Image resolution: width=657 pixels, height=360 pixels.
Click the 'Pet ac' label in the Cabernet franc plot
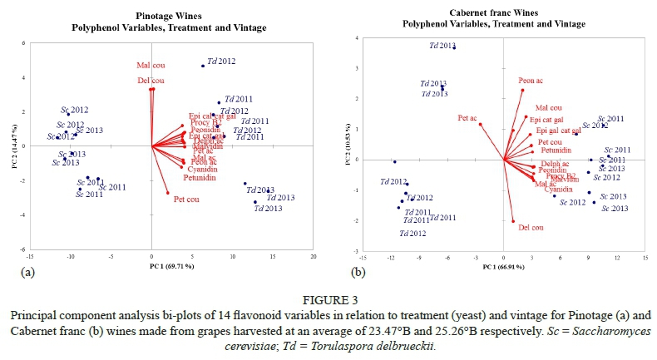tap(467, 118)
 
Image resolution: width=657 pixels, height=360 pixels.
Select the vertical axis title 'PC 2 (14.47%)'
tap(13, 145)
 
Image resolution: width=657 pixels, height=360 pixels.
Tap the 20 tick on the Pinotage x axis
tap(313, 257)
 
